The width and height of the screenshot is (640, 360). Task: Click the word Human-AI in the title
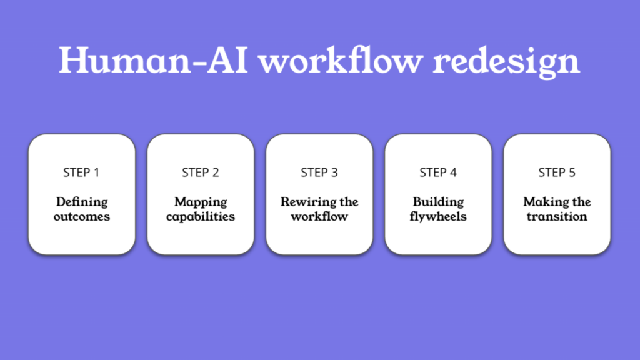coord(154,60)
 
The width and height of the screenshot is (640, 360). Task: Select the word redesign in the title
coord(506,62)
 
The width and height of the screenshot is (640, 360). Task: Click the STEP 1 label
coord(81,172)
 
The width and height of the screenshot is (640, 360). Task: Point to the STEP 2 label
coord(201,172)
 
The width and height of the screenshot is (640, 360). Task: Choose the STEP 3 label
coord(319,172)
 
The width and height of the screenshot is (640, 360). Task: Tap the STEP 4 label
coord(438,172)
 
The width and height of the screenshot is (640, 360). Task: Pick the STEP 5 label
coord(557,172)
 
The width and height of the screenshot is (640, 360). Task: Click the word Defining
coord(82,202)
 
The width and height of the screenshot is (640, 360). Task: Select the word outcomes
coord(82,216)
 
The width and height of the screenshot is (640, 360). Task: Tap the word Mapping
coord(201,202)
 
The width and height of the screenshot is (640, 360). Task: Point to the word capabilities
coord(201,217)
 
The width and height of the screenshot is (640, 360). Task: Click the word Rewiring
coord(305,202)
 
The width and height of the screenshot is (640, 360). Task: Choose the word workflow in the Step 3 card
coord(319,216)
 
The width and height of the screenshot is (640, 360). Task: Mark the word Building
coord(438,202)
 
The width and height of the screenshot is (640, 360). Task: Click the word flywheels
coord(438,217)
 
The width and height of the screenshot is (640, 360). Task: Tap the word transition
coord(557,216)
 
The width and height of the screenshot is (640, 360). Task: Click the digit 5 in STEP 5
coord(572,172)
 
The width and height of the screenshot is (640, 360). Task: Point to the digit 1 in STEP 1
coord(97,172)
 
